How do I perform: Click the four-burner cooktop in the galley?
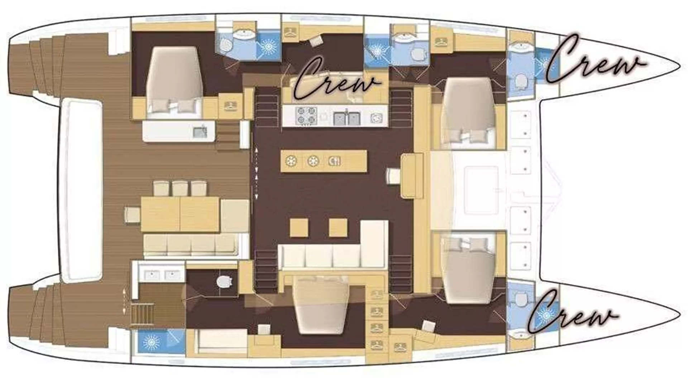click(x=306, y=115)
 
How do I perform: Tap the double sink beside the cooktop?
click(x=346, y=118)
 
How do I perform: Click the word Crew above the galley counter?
click(x=337, y=81)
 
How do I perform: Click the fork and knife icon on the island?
click(x=334, y=161)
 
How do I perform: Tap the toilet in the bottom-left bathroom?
click(x=224, y=281)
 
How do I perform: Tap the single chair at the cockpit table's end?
click(x=132, y=215)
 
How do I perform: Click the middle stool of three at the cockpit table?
click(x=180, y=188)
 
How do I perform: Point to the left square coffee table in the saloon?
click(x=299, y=228)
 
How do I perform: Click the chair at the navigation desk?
click(x=393, y=176)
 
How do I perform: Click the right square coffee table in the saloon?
click(x=338, y=228)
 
